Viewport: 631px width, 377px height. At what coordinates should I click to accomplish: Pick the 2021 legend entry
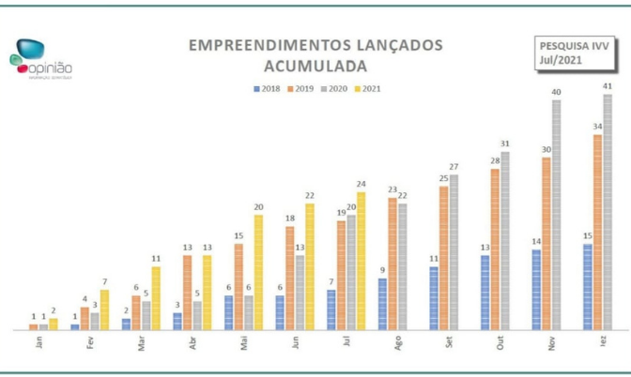tap(368, 89)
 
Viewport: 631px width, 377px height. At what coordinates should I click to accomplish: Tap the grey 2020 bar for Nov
tap(556, 215)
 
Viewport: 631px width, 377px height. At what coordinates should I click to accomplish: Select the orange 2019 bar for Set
tap(443, 258)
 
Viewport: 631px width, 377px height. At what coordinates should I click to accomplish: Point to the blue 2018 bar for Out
tap(485, 292)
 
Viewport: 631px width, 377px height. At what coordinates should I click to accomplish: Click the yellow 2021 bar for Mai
tap(258, 272)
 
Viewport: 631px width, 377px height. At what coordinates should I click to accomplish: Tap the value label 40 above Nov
tap(556, 92)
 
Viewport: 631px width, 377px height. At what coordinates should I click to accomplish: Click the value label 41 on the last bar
tap(608, 86)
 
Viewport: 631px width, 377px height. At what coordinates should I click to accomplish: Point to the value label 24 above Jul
tap(362, 184)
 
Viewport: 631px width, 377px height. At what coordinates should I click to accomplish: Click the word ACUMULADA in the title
tap(315, 67)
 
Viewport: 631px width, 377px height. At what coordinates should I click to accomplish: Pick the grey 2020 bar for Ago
tap(402, 266)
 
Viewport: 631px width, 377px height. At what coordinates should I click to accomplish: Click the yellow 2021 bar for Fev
tap(104, 309)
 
